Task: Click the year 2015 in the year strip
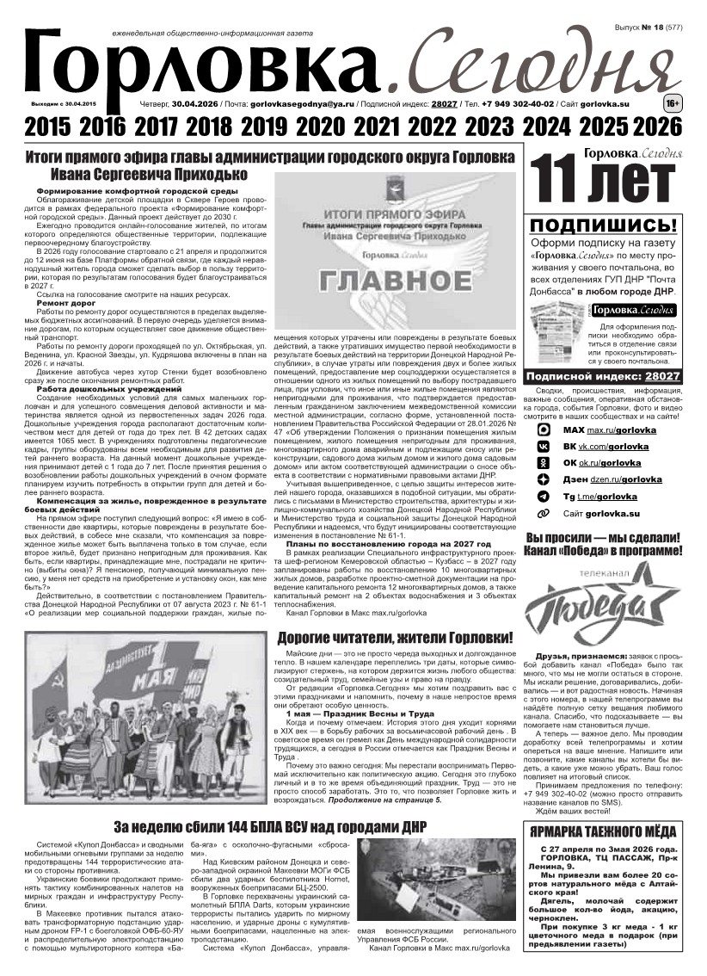pos(50,127)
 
